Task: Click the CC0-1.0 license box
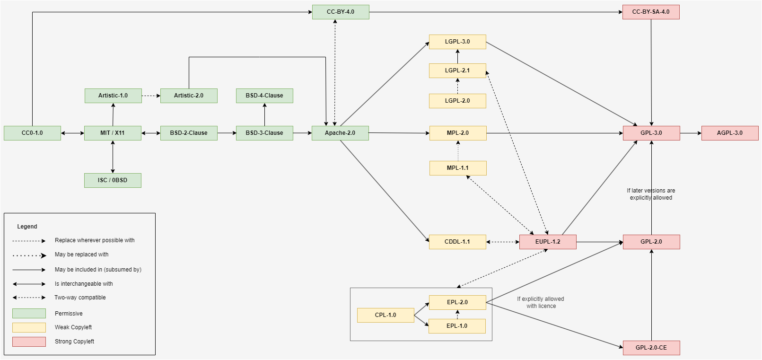pyautogui.click(x=32, y=133)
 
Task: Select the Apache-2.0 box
pyautogui.click(x=340, y=133)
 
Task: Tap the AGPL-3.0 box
pyautogui.click(x=730, y=133)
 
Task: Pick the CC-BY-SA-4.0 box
pyautogui.click(x=651, y=12)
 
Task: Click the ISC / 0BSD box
pyautogui.click(x=113, y=180)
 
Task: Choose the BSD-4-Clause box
pyautogui.click(x=264, y=96)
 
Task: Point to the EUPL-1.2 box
pyautogui.click(x=548, y=242)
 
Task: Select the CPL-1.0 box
pyautogui.click(x=385, y=315)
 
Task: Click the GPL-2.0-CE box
pyautogui.click(x=651, y=348)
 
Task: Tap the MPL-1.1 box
pyautogui.click(x=458, y=168)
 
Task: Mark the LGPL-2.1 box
pyautogui.click(x=457, y=70)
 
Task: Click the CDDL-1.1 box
pyautogui.click(x=457, y=242)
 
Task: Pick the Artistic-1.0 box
pyautogui.click(x=113, y=96)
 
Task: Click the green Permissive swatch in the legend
pyautogui.click(x=29, y=313)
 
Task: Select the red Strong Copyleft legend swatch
pyautogui.click(x=29, y=342)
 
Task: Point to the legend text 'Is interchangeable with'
pyautogui.click(x=84, y=284)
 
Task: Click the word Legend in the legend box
pyautogui.click(x=27, y=227)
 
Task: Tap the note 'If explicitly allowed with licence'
pyautogui.click(x=541, y=302)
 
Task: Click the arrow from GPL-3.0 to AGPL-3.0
pyautogui.click(x=691, y=133)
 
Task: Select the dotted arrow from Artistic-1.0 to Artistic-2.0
pyautogui.click(x=151, y=96)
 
